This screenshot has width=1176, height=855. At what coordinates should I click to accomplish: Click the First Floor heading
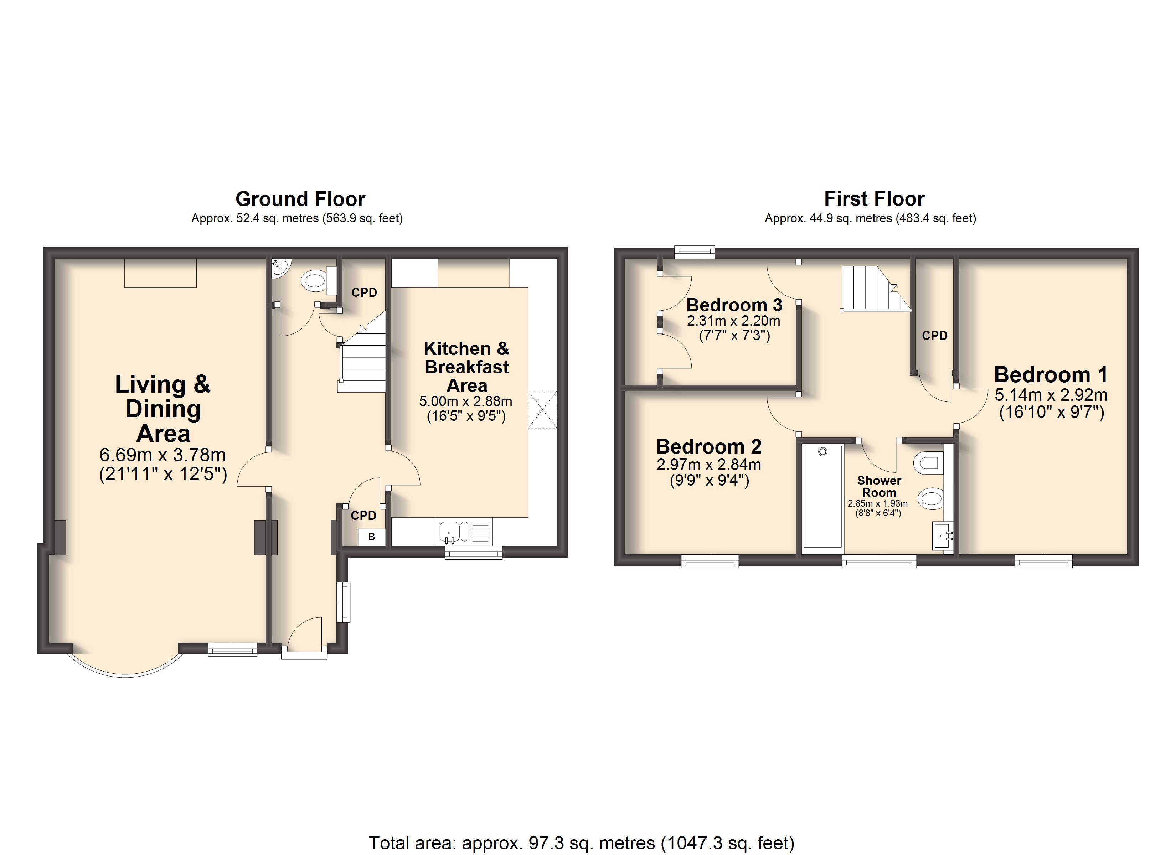[x=874, y=198]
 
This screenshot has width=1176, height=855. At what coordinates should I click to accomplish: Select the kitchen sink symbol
[x=449, y=532]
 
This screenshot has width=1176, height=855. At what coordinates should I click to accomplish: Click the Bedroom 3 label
[x=734, y=305]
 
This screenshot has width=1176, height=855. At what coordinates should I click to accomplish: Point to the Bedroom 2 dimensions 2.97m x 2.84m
[x=709, y=465]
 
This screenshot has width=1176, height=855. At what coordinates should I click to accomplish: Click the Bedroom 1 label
[x=1051, y=374]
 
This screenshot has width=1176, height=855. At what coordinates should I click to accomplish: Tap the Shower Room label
[x=879, y=486]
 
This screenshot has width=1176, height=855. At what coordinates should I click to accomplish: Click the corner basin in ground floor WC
[x=280, y=268]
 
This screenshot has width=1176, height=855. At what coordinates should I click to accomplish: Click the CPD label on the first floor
[x=934, y=336]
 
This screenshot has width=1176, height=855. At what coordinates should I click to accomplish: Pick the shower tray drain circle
[x=823, y=452]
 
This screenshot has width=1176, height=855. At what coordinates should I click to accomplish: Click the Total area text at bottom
[x=581, y=843]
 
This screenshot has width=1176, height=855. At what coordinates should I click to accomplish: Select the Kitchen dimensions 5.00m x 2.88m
[x=466, y=401]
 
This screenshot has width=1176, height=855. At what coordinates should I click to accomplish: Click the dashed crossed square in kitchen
[x=542, y=410]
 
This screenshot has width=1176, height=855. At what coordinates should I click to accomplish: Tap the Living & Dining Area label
[x=163, y=409]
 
